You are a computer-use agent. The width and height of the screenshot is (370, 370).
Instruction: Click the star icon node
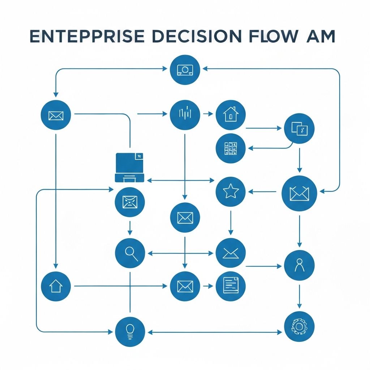click(230, 192)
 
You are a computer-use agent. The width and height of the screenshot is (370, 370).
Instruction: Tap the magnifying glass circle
click(130, 253)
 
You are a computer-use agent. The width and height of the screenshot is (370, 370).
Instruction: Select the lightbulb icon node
click(130, 331)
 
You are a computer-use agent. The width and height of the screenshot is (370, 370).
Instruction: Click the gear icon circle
click(299, 326)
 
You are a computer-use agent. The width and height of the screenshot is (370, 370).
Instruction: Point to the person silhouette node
click(299, 265)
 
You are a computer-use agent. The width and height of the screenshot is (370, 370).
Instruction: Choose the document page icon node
click(230, 286)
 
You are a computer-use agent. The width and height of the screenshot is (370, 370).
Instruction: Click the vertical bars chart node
click(185, 115)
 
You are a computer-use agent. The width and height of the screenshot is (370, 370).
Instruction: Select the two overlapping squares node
click(299, 129)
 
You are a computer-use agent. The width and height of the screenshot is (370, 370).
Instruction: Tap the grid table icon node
click(230, 149)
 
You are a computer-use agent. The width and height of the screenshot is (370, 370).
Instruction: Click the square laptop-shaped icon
click(129, 167)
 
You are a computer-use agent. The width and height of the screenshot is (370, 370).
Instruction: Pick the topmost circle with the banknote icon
click(185, 70)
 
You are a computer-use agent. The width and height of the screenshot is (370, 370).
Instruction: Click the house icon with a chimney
click(230, 115)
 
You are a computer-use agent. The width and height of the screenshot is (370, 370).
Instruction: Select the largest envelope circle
click(299, 194)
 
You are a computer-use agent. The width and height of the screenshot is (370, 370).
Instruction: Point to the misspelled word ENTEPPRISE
click(85, 37)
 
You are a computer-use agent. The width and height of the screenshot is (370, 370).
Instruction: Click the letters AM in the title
click(320, 37)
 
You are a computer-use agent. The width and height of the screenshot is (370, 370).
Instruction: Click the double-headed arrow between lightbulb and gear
click(215, 331)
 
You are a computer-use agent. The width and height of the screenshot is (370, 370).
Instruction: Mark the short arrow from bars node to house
click(208, 114)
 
